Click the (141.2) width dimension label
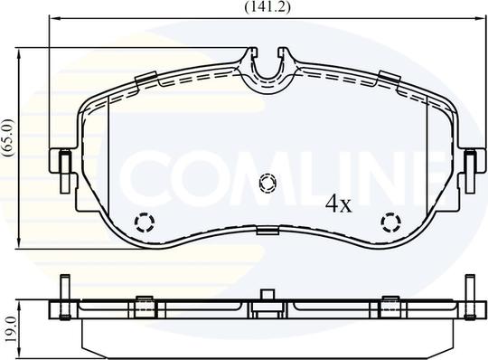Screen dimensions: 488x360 (267, 7)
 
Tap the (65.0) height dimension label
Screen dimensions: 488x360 (8, 137)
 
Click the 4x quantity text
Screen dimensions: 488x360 (338, 204)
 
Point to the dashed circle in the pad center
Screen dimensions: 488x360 (267, 184)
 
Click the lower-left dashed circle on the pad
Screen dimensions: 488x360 (144, 223)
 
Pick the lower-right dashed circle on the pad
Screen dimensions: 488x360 (391, 223)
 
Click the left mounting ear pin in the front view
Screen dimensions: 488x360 (65, 172)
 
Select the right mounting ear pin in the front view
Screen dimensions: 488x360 (470, 172)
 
